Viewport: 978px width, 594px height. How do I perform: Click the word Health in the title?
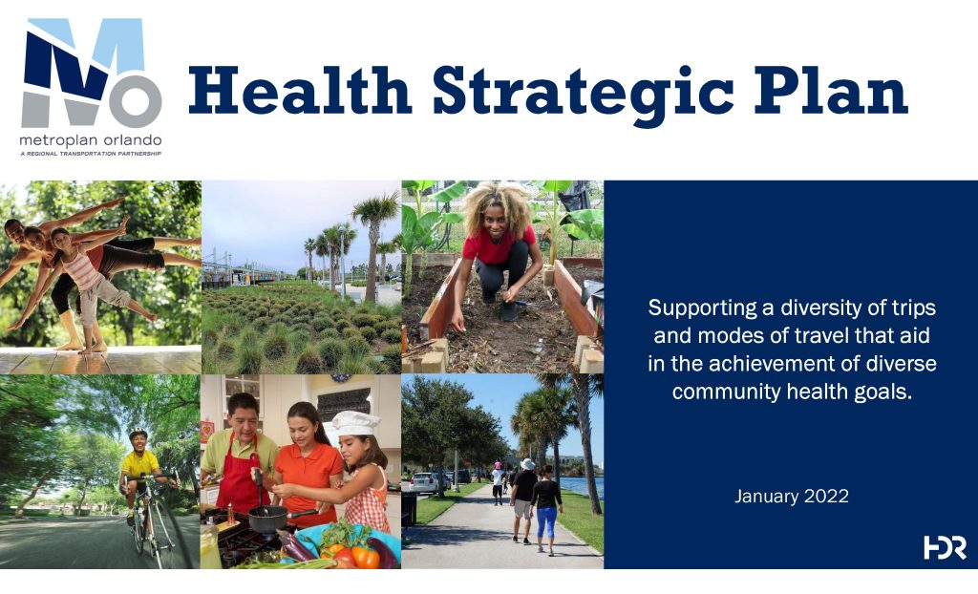click(300, 91)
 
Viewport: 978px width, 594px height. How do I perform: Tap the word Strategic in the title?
click(584, 95)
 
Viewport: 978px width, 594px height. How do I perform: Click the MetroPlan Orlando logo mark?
click(92, 73)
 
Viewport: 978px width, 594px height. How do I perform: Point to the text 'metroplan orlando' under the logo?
click(91, 139)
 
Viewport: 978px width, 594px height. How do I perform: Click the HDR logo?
click(945, 547)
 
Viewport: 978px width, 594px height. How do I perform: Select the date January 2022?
click(792, 496)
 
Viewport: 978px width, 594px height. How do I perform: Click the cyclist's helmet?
click(138, 432)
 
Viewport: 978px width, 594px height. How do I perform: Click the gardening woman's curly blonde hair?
click(497, 206)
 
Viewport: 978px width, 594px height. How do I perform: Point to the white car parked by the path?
click(425, 481)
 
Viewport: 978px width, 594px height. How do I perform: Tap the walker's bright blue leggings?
click(547, 522)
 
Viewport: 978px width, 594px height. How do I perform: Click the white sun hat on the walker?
click(527, 464)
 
